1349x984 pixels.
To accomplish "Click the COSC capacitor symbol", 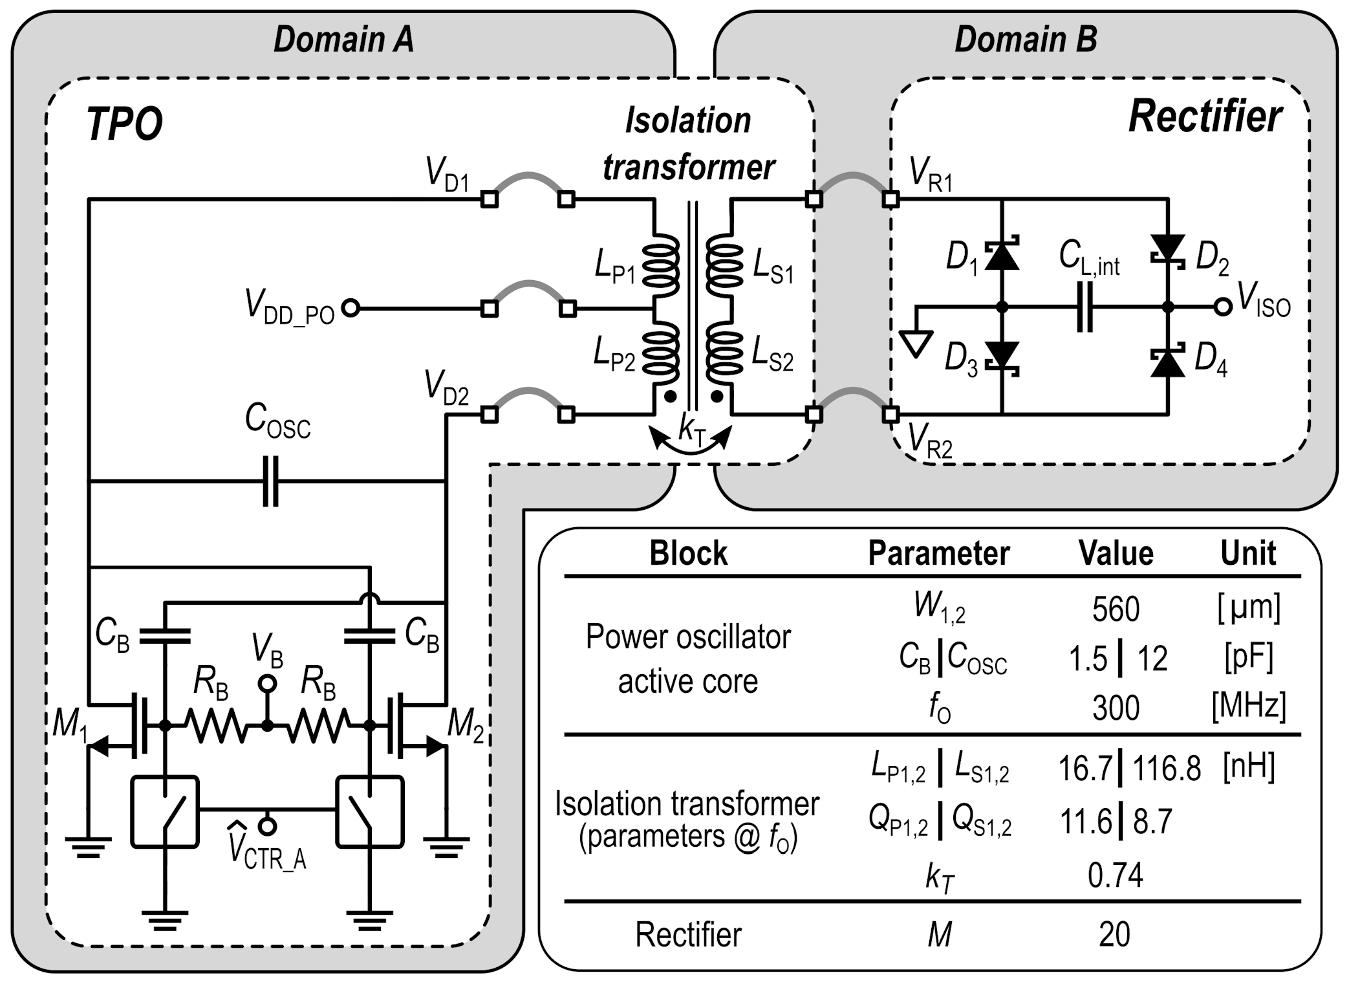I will tap(270, 481).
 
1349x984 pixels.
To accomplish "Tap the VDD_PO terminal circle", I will tap(350, 309).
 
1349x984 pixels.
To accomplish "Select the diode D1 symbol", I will tap(1002, 254).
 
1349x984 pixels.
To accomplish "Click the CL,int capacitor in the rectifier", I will tap(1085, 307).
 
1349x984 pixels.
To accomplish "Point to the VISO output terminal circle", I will tap(1222, 307).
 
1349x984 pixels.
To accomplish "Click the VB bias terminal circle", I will tap(267, 683).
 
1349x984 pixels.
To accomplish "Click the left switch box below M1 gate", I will tap(165, 812).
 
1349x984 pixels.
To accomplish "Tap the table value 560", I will tap(1115, 609).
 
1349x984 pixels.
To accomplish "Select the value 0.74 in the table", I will tap(1115, 875).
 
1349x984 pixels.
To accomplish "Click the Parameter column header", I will tap(938, 553).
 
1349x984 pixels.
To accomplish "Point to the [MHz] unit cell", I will tap(1248, 706).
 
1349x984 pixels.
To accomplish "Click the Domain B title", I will tap(1025, 39).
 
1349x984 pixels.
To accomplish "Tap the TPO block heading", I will tap(124, 124).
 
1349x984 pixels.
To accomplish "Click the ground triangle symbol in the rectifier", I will tap(916, 343).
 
